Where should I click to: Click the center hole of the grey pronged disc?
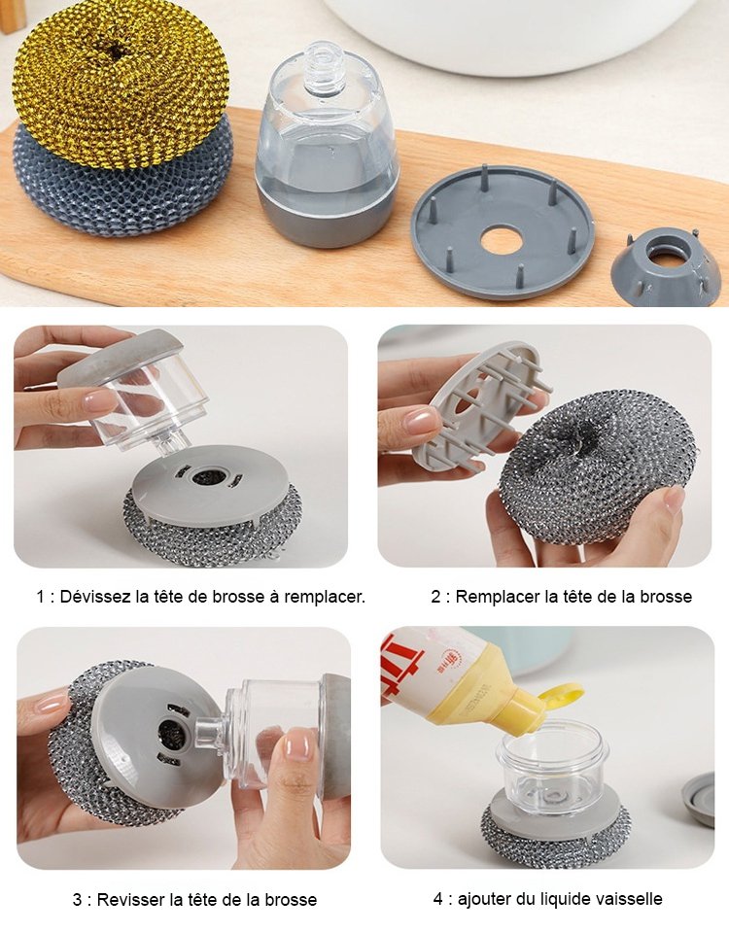coord(503,240)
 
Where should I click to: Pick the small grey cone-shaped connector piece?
coord(666,262)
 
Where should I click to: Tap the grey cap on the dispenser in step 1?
coord(121,355)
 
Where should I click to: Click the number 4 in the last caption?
coord(438,899)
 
